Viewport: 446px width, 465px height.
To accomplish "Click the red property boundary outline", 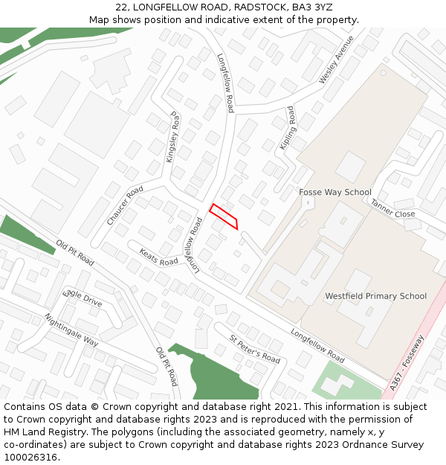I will (x=223, y=216).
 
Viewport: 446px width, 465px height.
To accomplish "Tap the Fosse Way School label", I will (x=334, y=192).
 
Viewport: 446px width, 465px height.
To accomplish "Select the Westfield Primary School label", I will (x=375, y=296).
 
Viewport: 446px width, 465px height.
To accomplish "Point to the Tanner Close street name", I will (x=392, y=208).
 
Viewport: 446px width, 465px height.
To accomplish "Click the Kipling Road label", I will (x=288, y=128).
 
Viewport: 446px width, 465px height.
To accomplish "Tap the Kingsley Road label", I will (x=173, y=138).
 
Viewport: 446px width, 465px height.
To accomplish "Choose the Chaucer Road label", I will (x=124, y=206).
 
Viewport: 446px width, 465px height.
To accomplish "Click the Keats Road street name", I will (x=158, y=257).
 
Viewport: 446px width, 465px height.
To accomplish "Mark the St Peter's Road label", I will (x=254, y=349).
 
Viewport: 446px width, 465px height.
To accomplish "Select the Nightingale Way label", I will (x=71, y=330).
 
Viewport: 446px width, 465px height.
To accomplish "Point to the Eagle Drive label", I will (x=83, y=297).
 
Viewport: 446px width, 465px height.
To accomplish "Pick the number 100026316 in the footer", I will (x=30, y=458).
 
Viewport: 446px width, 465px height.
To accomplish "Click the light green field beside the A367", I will (x=346, y=381).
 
